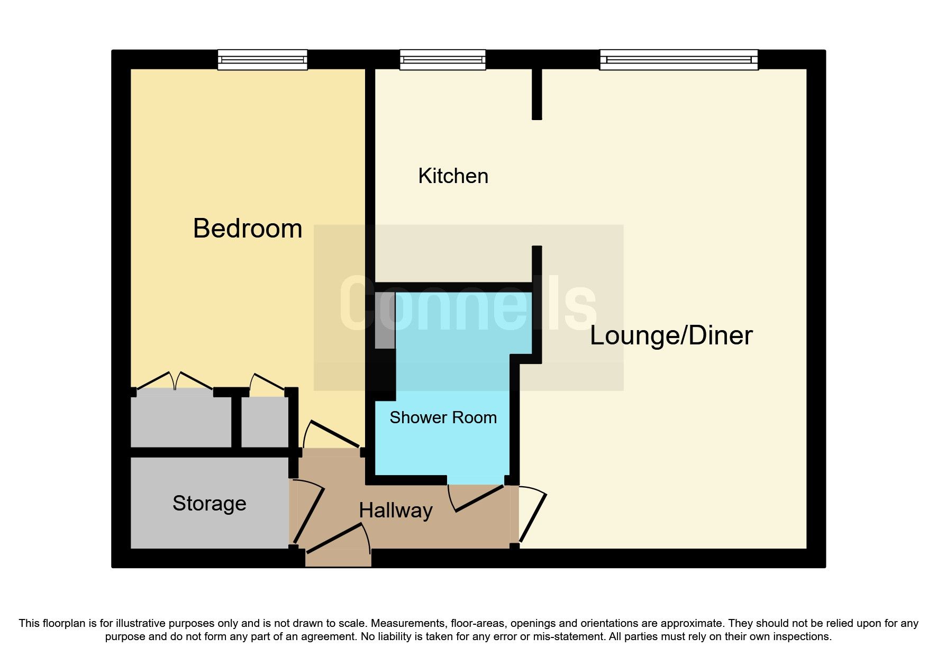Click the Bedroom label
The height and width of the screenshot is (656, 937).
point(248,229)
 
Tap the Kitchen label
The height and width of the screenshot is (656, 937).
point(453,176)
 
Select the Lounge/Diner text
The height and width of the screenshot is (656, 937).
point(671,335)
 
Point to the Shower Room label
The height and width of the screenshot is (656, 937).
point(443,417)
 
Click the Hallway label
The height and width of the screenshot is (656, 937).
point(396,511)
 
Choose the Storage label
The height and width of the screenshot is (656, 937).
point(209,503)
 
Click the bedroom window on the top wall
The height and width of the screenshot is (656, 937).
point(262,60)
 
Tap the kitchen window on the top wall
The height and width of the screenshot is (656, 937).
point(442,60)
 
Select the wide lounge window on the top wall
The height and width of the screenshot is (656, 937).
point(679,60)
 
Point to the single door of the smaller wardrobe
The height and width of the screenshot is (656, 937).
point(267,382)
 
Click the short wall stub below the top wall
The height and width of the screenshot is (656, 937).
point(536,94)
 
